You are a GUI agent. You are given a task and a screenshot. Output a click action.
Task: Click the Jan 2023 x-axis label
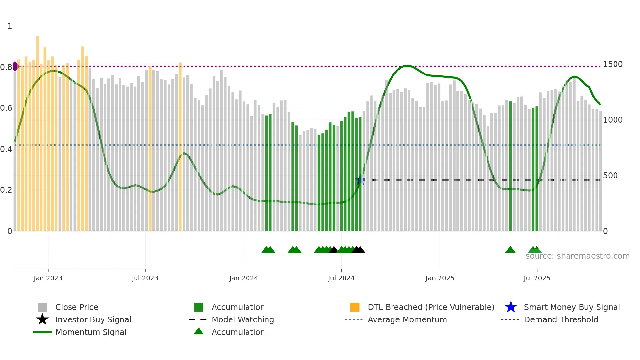click(48, 278)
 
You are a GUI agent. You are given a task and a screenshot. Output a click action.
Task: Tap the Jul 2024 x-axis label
click(341, 278)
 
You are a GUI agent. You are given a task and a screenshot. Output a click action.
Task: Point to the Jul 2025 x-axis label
click(537, 278)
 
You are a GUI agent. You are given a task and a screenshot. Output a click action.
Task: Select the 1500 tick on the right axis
click(613, 64)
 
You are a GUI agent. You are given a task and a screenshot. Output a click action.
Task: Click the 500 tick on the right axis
click(610, 176)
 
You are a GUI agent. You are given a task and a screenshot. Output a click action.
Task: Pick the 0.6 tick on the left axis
click(6, 108)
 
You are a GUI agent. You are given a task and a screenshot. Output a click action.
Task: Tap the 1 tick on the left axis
click(10, 26)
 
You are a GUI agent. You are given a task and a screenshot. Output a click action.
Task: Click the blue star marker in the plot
click(360, 179)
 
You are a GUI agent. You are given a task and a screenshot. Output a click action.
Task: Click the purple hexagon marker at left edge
click(15, 66)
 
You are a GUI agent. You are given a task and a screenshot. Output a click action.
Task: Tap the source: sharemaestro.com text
click(577, 256)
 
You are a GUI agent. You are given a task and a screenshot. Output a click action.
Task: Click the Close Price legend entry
click(77, 307)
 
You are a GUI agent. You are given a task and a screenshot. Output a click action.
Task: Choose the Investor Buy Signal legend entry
click(93, 319)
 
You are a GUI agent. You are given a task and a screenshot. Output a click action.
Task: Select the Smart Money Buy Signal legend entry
click(571, 307)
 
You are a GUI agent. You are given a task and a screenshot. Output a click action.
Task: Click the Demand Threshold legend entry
click(561, 319)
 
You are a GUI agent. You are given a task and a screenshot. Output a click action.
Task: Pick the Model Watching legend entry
click(242, 319)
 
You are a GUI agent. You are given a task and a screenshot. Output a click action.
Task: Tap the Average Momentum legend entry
click(407, 319)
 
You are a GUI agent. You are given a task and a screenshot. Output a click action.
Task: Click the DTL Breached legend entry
click(431, 307)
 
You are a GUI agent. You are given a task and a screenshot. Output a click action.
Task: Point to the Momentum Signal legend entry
click(91, 332)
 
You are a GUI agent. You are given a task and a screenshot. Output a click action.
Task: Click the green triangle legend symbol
click(199, 331)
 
